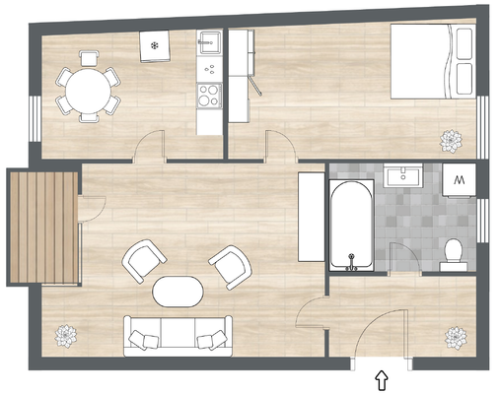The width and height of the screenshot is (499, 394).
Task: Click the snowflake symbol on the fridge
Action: pyautogui.click(x=154, y=45)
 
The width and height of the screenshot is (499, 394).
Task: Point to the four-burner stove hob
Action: pyautogui.click(x=208, y=96)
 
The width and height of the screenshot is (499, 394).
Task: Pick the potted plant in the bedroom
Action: pyautogui.click(x=453, y=140)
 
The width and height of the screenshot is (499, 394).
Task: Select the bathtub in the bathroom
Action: pyautogui.click(x=350, y=225)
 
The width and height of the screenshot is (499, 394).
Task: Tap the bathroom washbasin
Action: pyautogui.click(x=405, y=178)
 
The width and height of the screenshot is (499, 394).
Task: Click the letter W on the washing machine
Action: pyautogui.click(x=461, y=180)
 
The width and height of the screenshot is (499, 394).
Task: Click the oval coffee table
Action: pyautogui.click(x=178, y=291)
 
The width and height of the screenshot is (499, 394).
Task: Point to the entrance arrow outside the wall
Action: pyautogui.click(x=382, y=377)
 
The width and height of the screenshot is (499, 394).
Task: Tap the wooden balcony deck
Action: pyautogui.click(x=42, y=226)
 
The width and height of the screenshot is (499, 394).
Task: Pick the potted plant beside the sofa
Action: pyautogui.click(x=67, y=337)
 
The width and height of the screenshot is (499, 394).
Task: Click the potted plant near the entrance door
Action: pyautogui.click(x=456, y=337)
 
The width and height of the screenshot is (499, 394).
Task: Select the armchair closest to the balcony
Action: pyautogui.click(x=142, y=260)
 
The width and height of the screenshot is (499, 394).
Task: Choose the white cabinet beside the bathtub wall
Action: pyautogui.click(x=311, y=218)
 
